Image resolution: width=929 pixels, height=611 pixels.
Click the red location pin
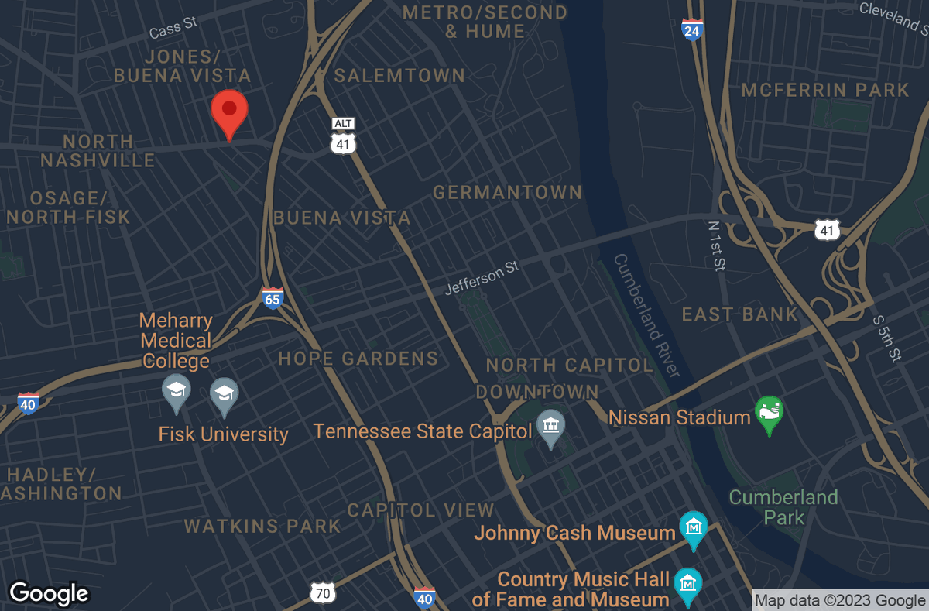(x=229, y=112)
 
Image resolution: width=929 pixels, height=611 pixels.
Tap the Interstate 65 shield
(x=272, y=298)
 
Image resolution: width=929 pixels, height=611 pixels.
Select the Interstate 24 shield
(x=692, y=29)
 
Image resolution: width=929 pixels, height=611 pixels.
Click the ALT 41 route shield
(x=342, y=136)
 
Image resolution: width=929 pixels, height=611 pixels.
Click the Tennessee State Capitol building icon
(x=550, y=427)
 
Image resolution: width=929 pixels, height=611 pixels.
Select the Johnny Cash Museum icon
(x=693, y=527)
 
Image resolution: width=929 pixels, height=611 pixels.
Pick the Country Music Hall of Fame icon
(x=686, y=583)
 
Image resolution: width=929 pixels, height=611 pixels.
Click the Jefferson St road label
(x=481, y=278)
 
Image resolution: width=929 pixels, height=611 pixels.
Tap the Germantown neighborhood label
(x=507, y=192)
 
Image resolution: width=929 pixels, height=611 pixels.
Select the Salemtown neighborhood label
(x=399, y=75)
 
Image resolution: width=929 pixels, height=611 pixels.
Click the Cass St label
(x=173, y=29)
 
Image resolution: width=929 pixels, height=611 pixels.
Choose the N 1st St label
(x=716, y=245)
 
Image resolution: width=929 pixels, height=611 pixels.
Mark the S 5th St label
(x=886, y=338)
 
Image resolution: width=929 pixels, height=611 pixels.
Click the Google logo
(x=49, y=593)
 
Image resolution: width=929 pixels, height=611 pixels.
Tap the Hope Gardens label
(x=358, y=359)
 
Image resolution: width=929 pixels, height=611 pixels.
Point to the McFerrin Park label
(x=824, y=90)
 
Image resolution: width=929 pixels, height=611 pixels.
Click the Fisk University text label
(x=223, y=434)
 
